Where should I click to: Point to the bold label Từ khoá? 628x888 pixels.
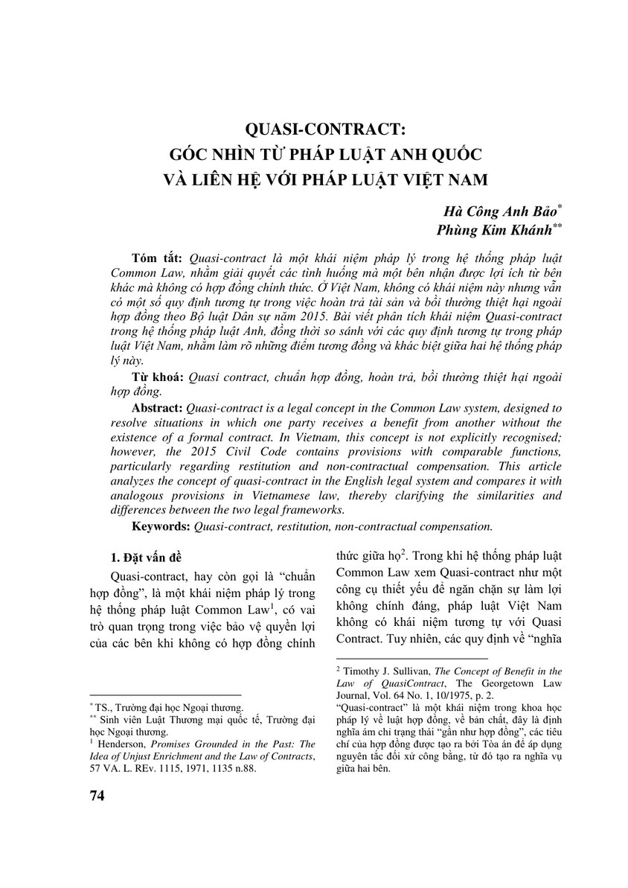pyautogui.click(x=158, y=377)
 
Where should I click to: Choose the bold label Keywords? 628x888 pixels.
pyautogui.click(x=161, y=527)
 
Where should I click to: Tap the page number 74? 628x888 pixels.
pyautogui.click(x=97, y=796)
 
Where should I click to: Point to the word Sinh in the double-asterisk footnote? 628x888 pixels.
pyautogui.click(x=111, y=721)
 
